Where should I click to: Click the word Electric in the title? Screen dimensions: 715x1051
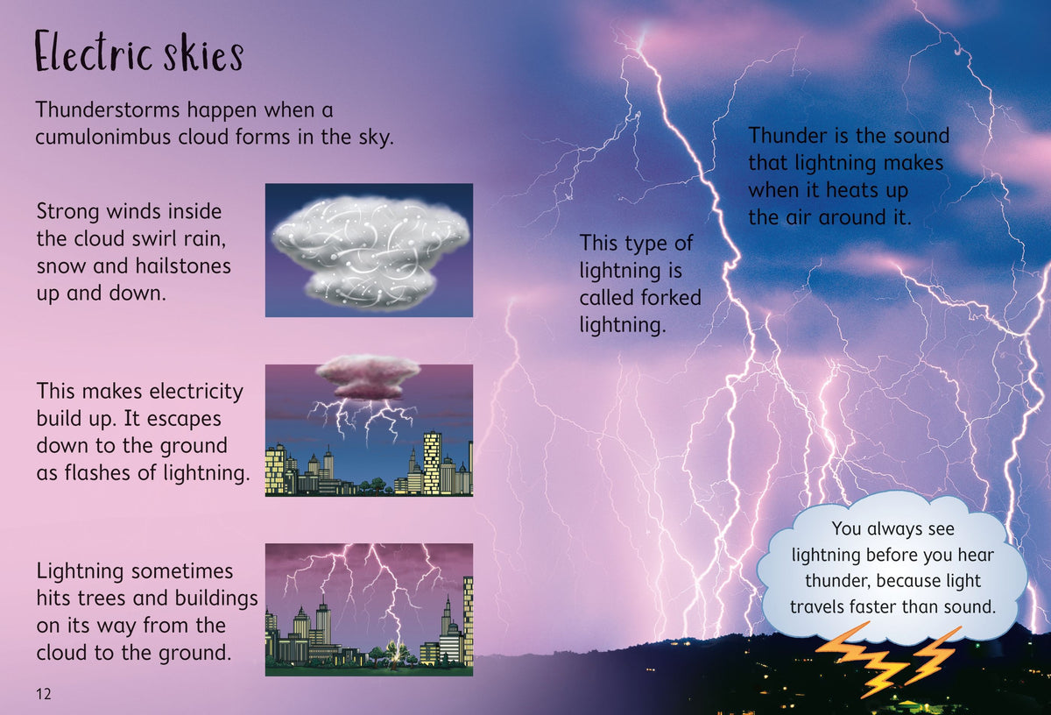coord(83,54)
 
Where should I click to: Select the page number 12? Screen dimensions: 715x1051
coord(44,694)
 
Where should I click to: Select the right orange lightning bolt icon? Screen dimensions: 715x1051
coord(933,653)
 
